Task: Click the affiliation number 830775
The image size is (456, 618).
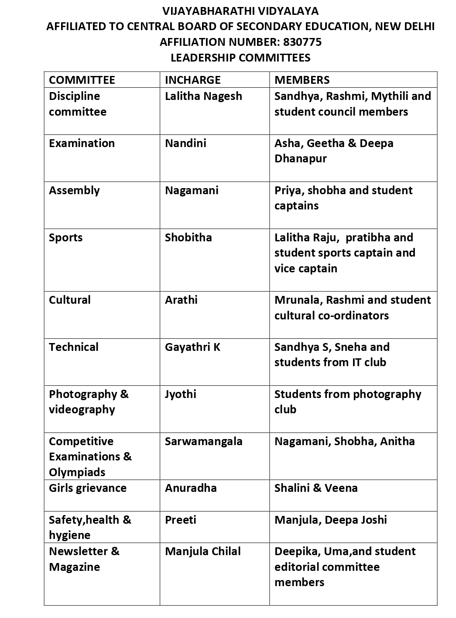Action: coord(302,42)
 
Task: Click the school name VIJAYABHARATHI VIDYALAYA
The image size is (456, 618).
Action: coord(240,11)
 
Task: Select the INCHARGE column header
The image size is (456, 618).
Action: coord(192,80)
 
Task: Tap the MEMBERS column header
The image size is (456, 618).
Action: coord(302,80)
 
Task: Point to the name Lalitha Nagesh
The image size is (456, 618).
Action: coord(203,96)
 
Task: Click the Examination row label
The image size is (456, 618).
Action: coord(82,143)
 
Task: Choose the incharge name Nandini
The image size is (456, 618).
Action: coord(185,143)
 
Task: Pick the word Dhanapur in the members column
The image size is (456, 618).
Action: coord(300,158)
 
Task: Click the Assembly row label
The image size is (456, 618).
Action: coord(74,190)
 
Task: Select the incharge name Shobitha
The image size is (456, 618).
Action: coord(188,237)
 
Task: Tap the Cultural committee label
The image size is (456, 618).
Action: coord(70,300)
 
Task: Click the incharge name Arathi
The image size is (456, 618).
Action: coord(181,300)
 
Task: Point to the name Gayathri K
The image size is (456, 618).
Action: coord(192,347)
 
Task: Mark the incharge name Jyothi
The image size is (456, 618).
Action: coord(180,394)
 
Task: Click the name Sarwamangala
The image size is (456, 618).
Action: coord(203,441)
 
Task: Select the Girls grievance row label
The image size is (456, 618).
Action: coord(88,488)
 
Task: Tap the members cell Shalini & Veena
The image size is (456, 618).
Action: coord(316,488)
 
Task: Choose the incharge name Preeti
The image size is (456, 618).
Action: coord(180,520)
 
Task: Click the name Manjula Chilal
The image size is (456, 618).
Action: coord(202,551)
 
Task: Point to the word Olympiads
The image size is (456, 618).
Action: coord(77,472)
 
